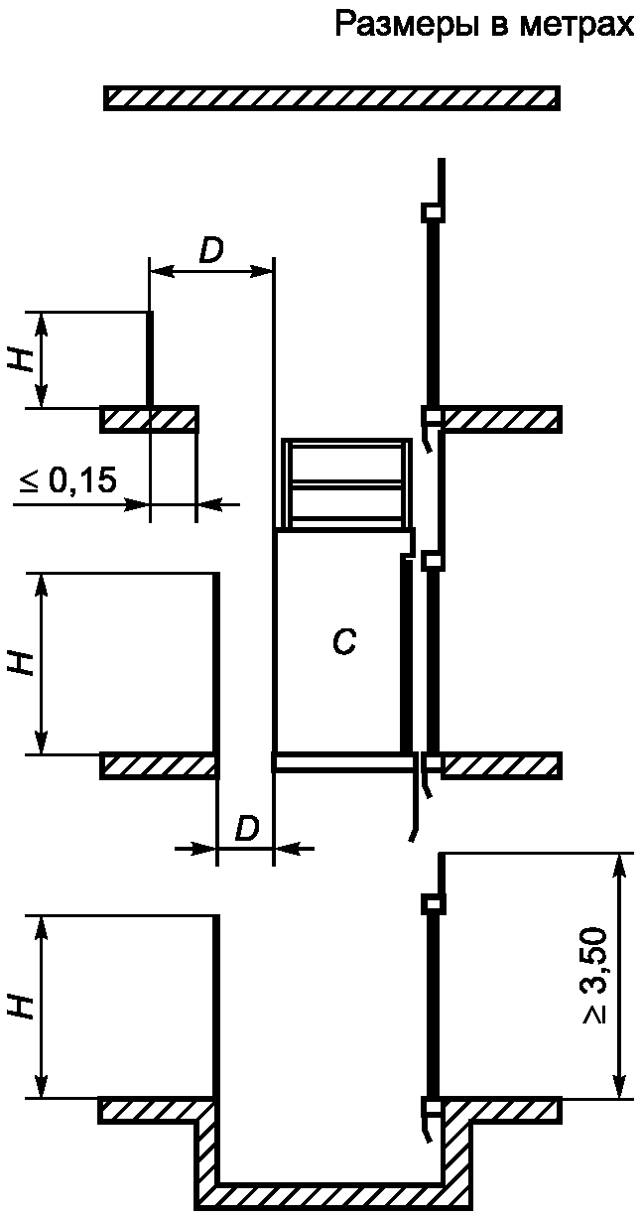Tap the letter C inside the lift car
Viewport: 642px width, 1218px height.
pyautogui.click(x=344, y=643)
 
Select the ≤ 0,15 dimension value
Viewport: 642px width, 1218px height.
pyautogui.click(x=68, y=481)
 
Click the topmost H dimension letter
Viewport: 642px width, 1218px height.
pyautogui.click(x=22, y=359)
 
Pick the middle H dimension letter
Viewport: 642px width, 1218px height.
pyautogui.click(x=22, y=662)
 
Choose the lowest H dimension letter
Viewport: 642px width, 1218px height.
pyautogui.click(x=22, y=1007)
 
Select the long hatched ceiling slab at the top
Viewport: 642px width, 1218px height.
pyautogui.click(x=332, y=97)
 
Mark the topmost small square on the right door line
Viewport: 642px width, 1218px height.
pyautogui.click(x=433, y=211)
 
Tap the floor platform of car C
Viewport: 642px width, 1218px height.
pyautogui.click(x=343, y=762)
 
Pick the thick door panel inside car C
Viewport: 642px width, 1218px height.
pyautogui.click(x=405, y=655)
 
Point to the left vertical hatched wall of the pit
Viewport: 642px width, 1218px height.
pyautogui.click(x=206, y=1151)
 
